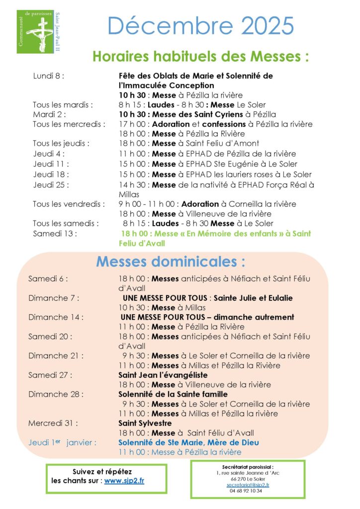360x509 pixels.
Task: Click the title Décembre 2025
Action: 200,26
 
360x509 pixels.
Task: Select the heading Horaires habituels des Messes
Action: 200,57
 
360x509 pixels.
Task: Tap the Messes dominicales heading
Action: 171,261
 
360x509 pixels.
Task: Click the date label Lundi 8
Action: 49,76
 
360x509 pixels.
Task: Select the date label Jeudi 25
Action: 51,184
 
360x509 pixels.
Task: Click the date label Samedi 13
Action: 55,233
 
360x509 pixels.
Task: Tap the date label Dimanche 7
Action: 54,298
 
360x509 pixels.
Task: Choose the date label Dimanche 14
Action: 56,317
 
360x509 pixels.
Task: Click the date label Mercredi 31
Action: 53,423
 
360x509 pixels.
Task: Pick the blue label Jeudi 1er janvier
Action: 63,442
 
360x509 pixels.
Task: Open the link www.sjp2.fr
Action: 124,481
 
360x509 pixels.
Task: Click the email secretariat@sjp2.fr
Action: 248,485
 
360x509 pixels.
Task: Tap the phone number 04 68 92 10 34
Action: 248,491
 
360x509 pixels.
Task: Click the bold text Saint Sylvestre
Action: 145,423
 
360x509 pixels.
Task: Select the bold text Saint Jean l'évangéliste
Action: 163,375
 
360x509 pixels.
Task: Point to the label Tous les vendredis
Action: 69,204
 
